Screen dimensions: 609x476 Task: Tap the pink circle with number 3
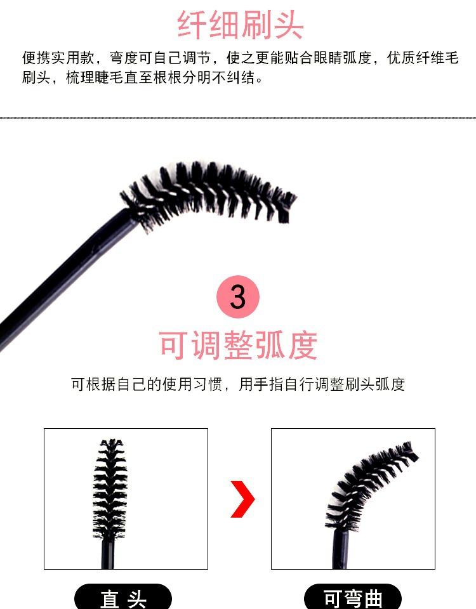coord(238,296)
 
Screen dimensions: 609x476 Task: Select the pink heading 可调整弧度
coord(238,345)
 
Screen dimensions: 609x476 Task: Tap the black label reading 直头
coord(123,599)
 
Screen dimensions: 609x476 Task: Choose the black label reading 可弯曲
coord(353,599)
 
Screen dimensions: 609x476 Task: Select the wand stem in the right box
coord(341,549)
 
